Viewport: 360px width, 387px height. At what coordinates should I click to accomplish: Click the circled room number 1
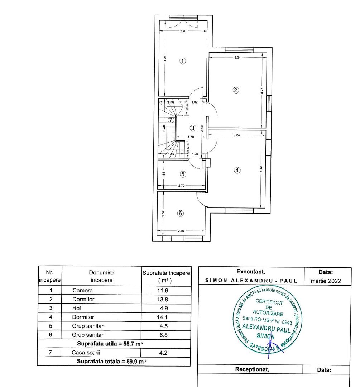183,61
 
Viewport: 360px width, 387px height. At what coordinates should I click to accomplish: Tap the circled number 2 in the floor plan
236,90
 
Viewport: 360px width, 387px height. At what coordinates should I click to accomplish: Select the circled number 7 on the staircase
171,120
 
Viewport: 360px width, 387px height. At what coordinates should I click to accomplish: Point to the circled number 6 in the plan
181,213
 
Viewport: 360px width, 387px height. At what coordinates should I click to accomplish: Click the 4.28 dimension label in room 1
165,58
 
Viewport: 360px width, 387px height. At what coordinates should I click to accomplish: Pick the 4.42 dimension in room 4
261,169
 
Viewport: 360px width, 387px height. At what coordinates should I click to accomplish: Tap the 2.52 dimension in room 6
163,214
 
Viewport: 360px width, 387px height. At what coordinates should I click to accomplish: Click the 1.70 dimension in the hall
191,137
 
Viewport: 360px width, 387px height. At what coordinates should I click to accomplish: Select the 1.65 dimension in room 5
164,175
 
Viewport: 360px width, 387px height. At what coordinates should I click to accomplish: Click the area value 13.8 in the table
163,299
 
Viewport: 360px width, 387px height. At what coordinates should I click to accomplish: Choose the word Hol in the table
77,308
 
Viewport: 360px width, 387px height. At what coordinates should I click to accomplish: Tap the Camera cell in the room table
82,290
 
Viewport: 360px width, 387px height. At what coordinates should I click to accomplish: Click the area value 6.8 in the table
164,335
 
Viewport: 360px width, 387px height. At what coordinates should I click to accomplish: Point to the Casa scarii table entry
86,353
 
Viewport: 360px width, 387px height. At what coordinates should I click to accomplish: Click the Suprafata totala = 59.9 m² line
111,361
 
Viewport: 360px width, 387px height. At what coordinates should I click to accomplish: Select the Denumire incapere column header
101,276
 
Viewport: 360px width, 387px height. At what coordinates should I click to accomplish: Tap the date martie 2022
326,281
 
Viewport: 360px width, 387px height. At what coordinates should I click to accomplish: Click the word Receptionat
252,369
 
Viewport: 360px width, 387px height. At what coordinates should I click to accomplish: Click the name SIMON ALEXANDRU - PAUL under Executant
251,281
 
